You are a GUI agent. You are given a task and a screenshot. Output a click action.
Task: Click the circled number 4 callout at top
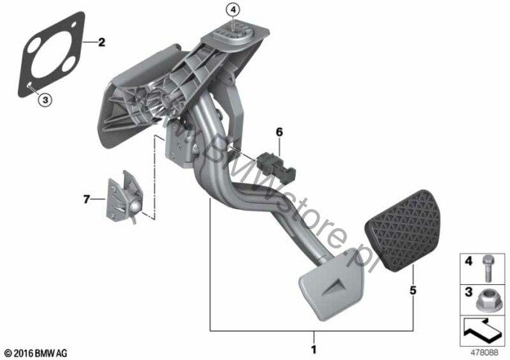(233, 10)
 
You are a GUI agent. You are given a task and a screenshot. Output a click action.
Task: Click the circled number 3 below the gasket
(45, 100)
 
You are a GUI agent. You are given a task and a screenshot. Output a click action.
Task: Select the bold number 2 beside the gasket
(101, 42)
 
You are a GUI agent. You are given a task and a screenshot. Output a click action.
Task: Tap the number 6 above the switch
(280, 132)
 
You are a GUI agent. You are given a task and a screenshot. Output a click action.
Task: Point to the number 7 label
(86, 199)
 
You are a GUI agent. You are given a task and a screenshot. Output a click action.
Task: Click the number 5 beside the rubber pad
(413, 290)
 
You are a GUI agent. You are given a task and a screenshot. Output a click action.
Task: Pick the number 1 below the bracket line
(314, 350)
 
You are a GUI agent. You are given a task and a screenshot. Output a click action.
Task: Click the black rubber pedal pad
(403, 231)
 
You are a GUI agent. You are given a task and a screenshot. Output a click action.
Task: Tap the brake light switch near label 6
(277, 167)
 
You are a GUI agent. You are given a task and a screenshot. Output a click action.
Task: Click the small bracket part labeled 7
(125, 196)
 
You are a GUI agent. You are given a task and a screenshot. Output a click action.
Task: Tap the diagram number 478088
(484, 353)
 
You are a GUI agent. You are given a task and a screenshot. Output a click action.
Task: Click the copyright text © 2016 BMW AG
(36, 353)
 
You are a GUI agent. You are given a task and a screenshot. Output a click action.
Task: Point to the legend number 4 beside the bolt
(468, 261)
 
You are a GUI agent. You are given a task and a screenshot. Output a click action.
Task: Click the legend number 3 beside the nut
(468, 292)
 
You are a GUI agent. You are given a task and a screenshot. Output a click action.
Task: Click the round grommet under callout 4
(233, 34)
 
